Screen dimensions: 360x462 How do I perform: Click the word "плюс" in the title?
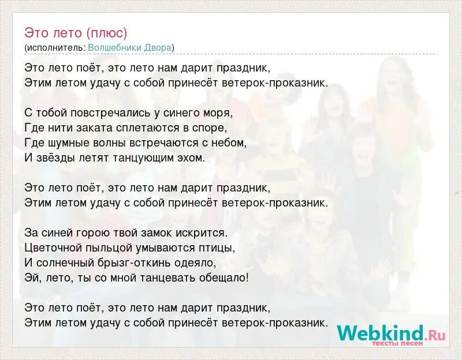[109, 32]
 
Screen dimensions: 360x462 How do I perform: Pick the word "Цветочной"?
[53, 247]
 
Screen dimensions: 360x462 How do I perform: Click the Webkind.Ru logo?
[391, 334]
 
